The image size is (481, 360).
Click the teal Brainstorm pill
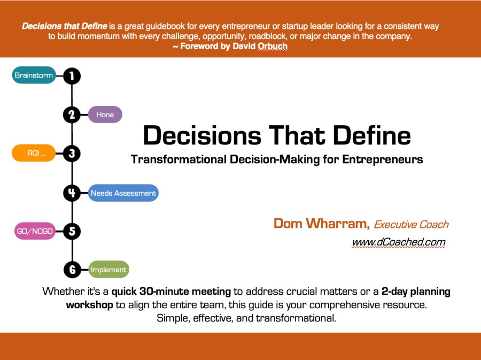[x=34, y=75]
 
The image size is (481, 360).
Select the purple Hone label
[x=105, y=114]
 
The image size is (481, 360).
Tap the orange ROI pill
[x=34, y=153]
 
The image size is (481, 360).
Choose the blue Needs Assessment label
[x=123, y=193]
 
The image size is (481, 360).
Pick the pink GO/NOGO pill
[x=35, y=231]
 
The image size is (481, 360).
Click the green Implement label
[x=108, y=270]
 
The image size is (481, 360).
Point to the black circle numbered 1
[x=72, y=76]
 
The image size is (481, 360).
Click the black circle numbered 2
[x=72, y=115]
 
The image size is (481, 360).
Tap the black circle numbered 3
[x=72, y=154]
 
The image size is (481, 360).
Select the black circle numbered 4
[x=72, y=193]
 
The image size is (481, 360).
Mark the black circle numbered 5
[x=72, y=231]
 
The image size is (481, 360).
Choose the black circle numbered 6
[x=72, y=270]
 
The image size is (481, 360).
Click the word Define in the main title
[x=372, y=135]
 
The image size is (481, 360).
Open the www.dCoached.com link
[x=399, y=242]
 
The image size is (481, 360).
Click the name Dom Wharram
[x=322, y=224]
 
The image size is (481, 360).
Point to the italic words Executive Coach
[x=412, y=224]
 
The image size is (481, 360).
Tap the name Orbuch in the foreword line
[x=273, y=47]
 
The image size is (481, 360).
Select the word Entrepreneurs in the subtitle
[x=383, y=159]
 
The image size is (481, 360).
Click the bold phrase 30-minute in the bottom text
[x=164, y=291]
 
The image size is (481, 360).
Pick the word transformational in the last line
[x=296, y=318]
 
